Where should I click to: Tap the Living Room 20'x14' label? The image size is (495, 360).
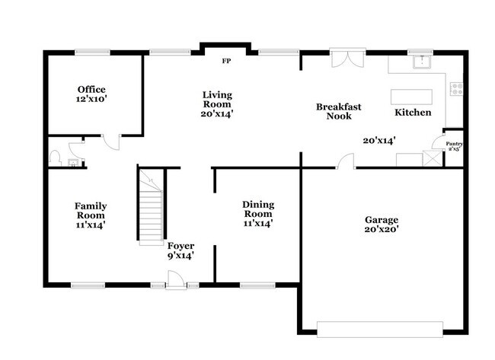point(217,104)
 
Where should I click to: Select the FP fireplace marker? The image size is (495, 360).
point(225,61)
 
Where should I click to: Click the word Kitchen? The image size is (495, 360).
point(413,113)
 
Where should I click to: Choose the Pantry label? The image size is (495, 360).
point(454,146)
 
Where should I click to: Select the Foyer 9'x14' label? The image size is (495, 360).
point(181,250)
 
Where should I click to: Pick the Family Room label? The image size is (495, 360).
point(90,215)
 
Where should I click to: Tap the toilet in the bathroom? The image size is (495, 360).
point(56,158)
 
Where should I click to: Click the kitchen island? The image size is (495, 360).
point(411,97)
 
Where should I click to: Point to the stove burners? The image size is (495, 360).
point(456,88)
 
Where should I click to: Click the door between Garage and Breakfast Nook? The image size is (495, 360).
point(347,161)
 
